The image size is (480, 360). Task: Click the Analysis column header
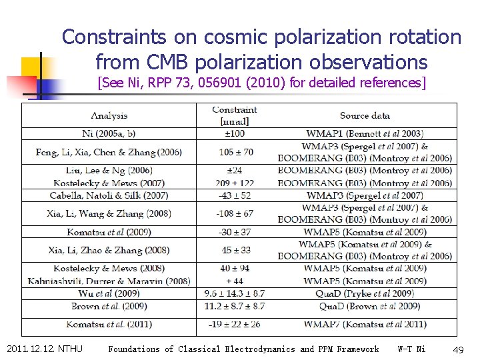(x=109, y=115)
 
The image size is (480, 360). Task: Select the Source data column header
(x=365, y=115)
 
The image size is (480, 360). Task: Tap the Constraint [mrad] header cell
(x=235, y=115)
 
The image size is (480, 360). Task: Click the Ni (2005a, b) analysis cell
(x=109, y=134)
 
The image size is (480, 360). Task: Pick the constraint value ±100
(x=235, y=134)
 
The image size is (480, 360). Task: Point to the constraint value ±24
(x=235, y=171)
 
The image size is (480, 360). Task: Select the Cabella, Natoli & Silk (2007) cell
(x=109, y=195)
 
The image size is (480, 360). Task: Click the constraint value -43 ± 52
(x=235, y=195)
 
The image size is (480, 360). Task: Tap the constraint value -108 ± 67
(x=235, y=213)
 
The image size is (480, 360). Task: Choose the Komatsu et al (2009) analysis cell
(x=109, y=232)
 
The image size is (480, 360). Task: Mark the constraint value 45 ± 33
(x=235, y=250)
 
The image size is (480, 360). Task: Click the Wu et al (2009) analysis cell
(x=109, y=293)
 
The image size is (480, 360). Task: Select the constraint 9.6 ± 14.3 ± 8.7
(x=235, y=293)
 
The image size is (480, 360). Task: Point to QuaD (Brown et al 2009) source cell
(x=365, y=306)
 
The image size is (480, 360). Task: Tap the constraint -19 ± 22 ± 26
(x=235, y=325)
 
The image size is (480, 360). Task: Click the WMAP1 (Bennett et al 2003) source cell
(x=365, y=134)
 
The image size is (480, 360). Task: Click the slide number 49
(x=458, y=349)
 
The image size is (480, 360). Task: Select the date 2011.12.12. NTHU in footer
(x=44, y=349)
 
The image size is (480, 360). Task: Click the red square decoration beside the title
(x=22, y=85)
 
